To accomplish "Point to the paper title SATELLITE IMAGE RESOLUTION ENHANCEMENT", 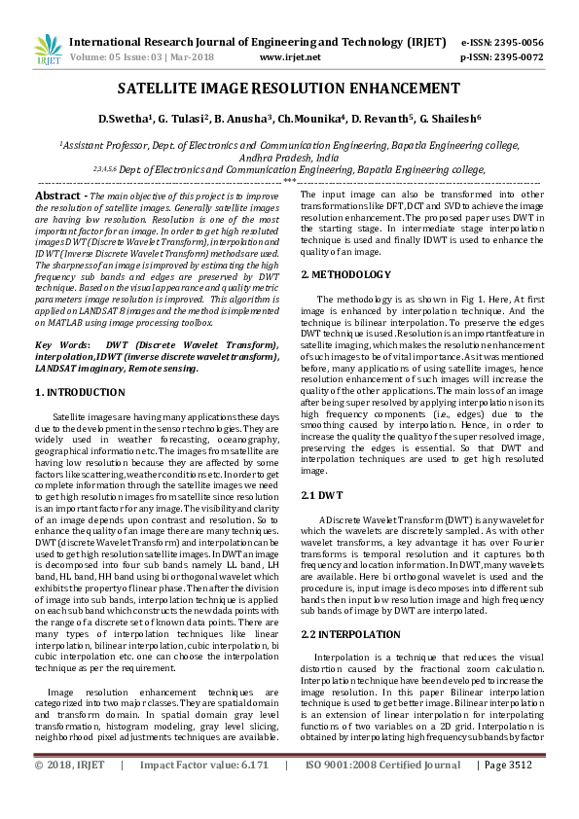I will pyautogui.click(x=289, y=89).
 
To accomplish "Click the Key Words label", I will pyautogui.click(x=56, y=345).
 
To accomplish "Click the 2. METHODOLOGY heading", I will pyautogui.click(x=345, y=274).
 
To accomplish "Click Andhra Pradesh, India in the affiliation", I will pyautogui.click(x=289, y=156).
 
